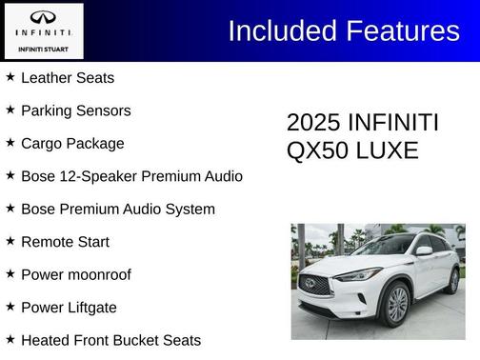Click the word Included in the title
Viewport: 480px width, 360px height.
point(277,30)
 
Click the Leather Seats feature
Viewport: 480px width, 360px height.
point(68,78)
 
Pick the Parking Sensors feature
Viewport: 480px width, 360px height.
point(76,110)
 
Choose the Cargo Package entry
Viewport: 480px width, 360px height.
point(72,144)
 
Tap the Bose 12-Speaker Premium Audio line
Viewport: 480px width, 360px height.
point(131,176)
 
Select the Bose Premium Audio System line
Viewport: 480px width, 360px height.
point(118,210)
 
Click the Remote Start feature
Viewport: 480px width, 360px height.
point(65,242)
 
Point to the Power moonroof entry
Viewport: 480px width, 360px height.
point(76,275)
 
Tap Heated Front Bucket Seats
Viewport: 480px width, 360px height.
point(110,340)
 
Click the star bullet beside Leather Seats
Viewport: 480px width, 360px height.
point(10,77)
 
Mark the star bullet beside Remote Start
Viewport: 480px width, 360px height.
point(10,241)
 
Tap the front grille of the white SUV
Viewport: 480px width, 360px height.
point(314,284)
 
